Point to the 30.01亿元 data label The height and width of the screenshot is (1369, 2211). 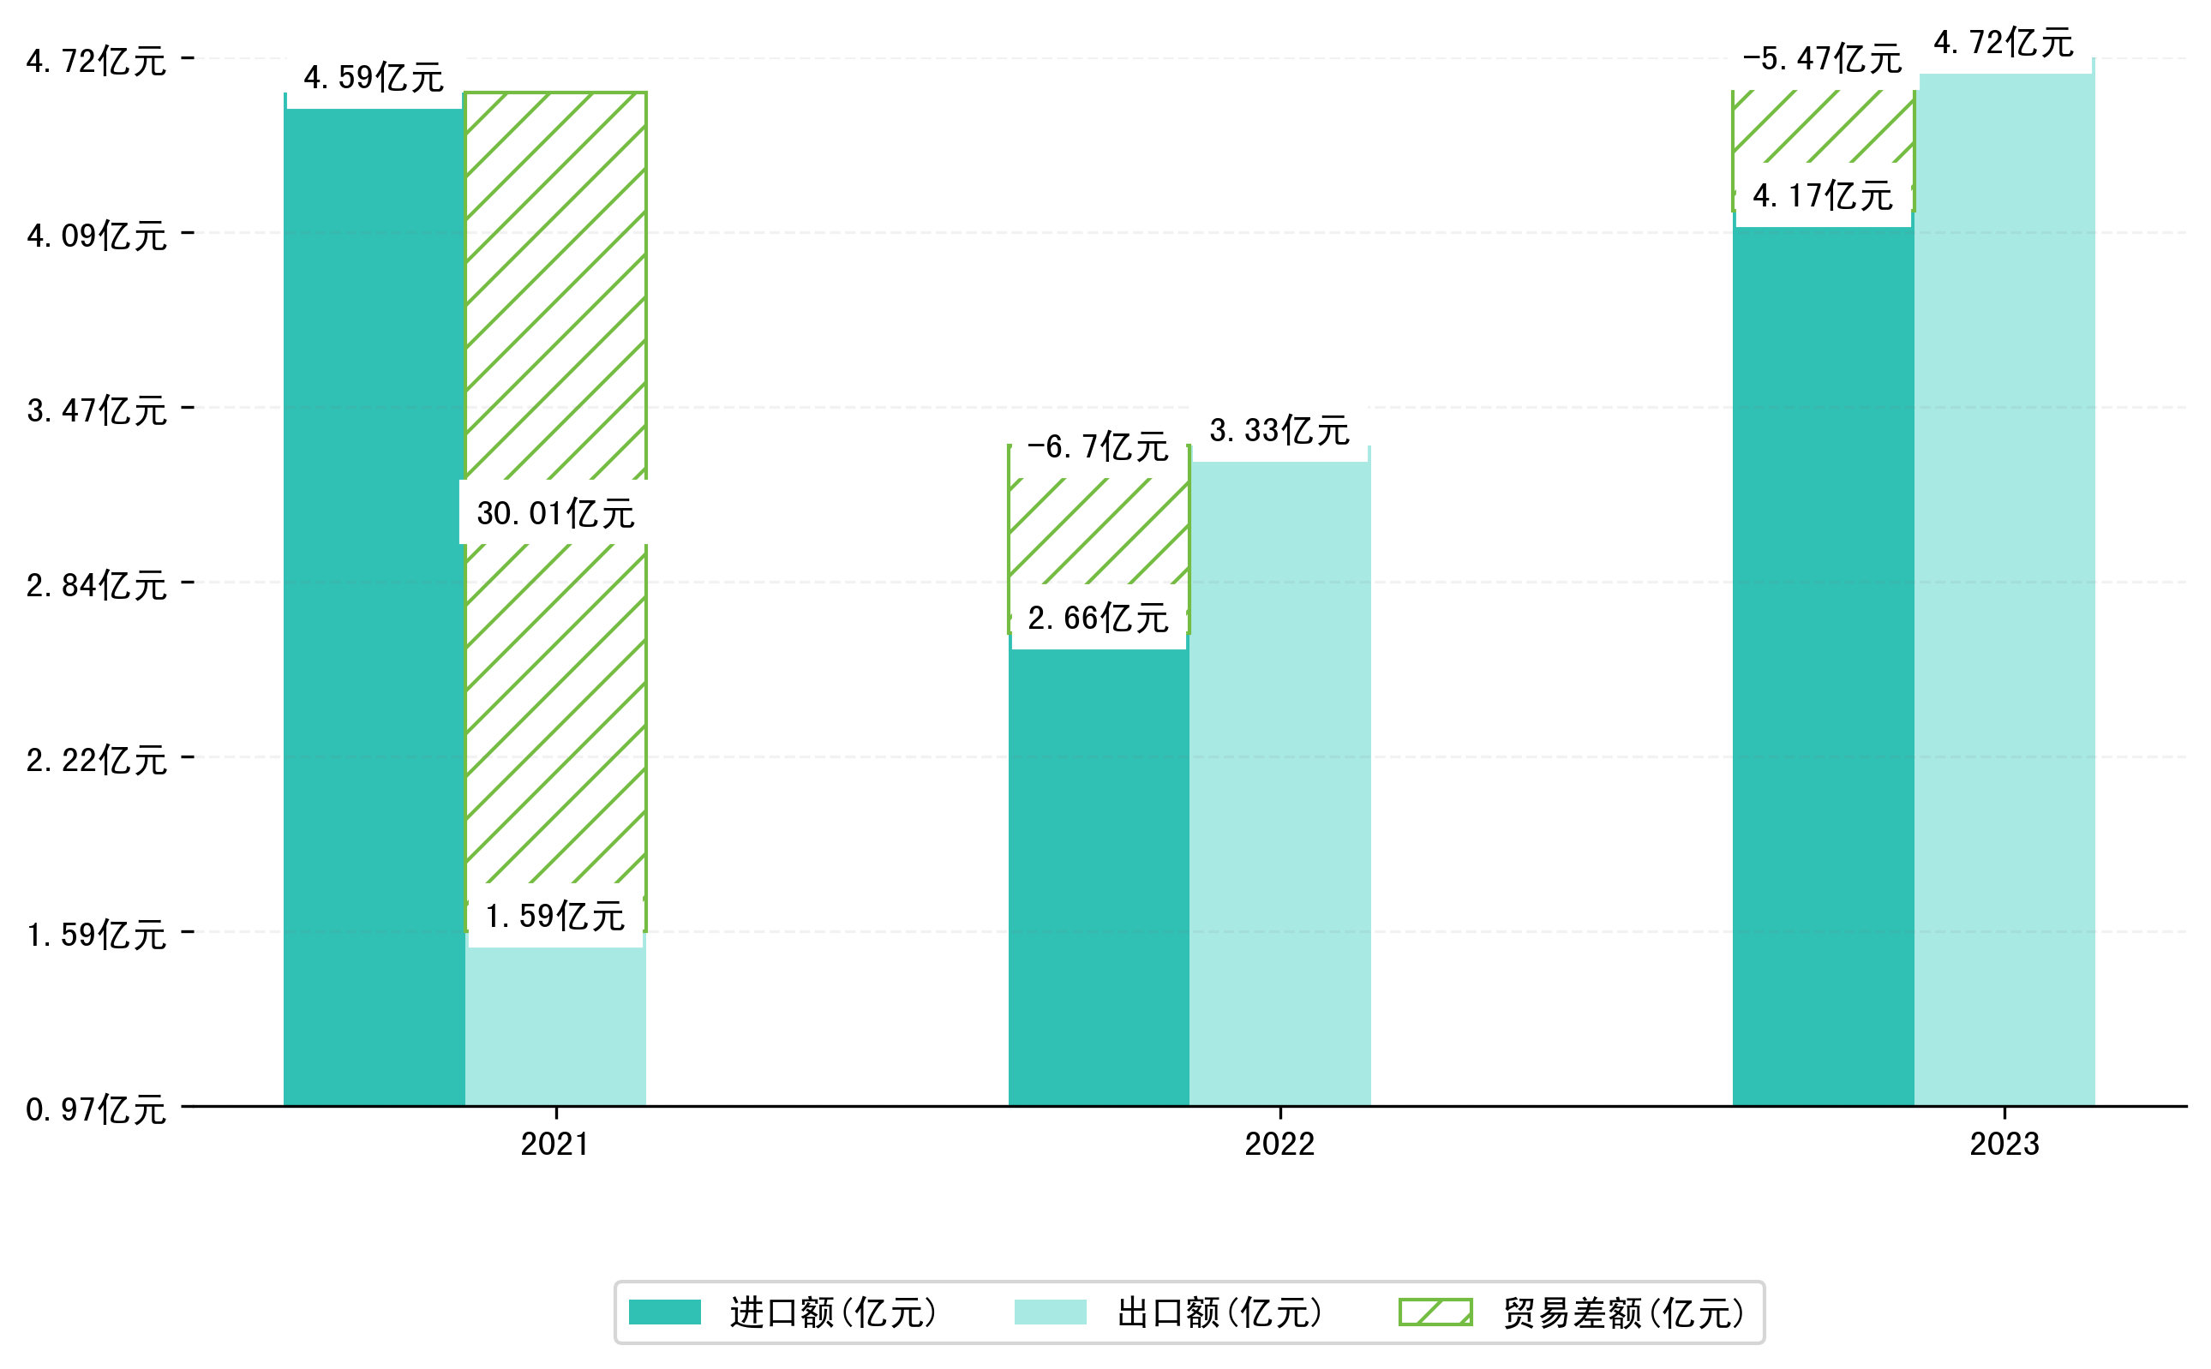(x=555, y=513)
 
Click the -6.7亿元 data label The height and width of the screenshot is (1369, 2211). (x=1098, y=446)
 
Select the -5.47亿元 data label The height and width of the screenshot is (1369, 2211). (x=1822, y=59)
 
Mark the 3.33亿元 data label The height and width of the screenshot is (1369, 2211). (x=1279, y=430)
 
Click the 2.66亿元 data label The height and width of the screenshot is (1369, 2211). (x=1098, y=618)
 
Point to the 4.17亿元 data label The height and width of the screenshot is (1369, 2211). (x=1823, y=195)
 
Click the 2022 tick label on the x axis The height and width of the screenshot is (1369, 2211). (x=1279, y=1145)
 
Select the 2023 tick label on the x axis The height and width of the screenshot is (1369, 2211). (x=2004, y=1145)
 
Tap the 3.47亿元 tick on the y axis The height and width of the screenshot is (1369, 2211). (x=97, y=410)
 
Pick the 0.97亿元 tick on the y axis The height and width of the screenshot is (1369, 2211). (x=97, y=1109)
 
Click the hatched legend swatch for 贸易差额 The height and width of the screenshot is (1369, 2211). (x=1435, y=1312)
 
